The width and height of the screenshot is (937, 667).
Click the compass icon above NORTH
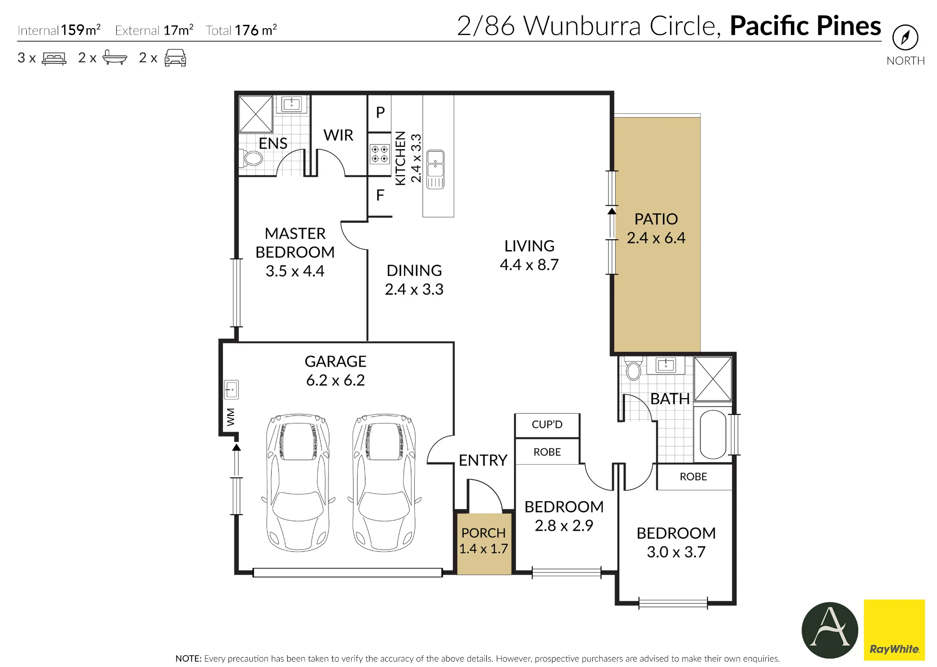coord(905,37)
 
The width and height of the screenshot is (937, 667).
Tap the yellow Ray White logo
coord(894,630)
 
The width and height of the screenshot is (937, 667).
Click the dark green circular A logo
coord(830,630)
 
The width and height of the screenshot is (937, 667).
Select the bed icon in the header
coord(54,58)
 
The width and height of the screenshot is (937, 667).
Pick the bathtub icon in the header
coord(114,58)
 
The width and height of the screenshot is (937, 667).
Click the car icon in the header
coord(175,58)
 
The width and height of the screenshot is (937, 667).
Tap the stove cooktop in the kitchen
coord(379,154)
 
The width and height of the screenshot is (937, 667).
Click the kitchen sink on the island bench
coord(435,170)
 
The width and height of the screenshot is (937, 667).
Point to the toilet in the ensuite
coord(251,158)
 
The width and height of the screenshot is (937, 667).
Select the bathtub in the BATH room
coord(713,434)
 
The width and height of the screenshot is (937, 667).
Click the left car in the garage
coord(298,483)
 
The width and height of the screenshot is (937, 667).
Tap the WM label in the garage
coord(231,417)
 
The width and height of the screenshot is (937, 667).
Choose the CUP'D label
coord(547,424)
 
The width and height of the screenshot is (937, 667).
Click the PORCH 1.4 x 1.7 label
coord(483,541)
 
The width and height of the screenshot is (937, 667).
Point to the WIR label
coord(338,135)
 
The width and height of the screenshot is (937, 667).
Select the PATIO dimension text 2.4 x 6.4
coord(656,238)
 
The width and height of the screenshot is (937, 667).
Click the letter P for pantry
coord(380,112)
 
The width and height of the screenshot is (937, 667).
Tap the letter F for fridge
coord(380,195)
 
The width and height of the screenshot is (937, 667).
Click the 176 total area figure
coord(246,30)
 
